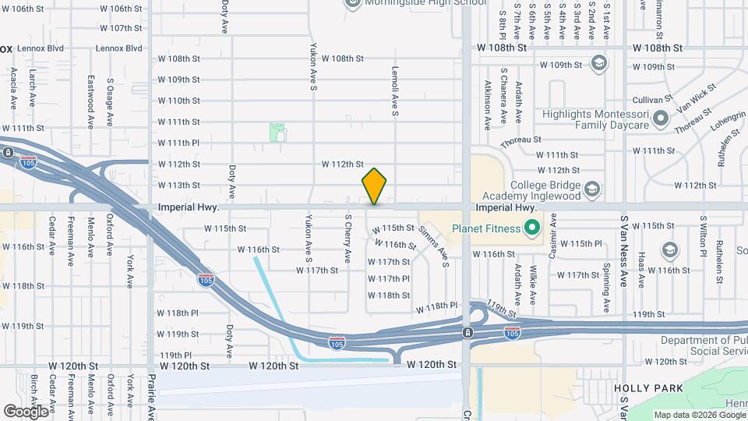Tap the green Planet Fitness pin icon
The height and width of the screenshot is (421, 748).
point(533,228)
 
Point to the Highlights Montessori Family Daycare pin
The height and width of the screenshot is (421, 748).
point(662,119)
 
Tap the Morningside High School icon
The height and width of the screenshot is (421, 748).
point(352,2)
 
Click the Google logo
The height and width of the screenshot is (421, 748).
point(26,411)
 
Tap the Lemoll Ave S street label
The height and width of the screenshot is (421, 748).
point(396,91)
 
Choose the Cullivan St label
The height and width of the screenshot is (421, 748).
point(652,100)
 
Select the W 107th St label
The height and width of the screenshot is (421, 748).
point(122,28)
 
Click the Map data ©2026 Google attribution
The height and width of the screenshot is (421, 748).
point(698,415)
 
